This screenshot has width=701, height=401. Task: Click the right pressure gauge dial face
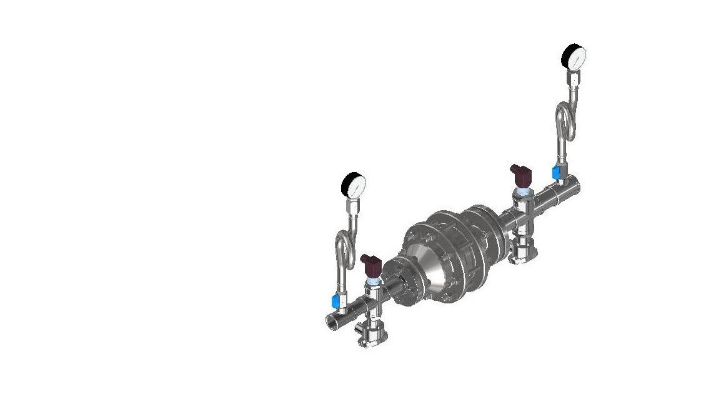pyautogui.click(x=575, y=57)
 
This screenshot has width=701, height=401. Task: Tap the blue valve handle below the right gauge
pyautogui.click(x=555, y=172)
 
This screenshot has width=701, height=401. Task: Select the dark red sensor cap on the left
pyautogui.click(x=371, y=265)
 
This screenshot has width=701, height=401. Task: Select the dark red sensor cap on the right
pyautogui.click(x=520, y=173)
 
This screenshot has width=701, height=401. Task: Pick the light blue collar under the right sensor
pyautogui.click(x=522, y=188)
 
